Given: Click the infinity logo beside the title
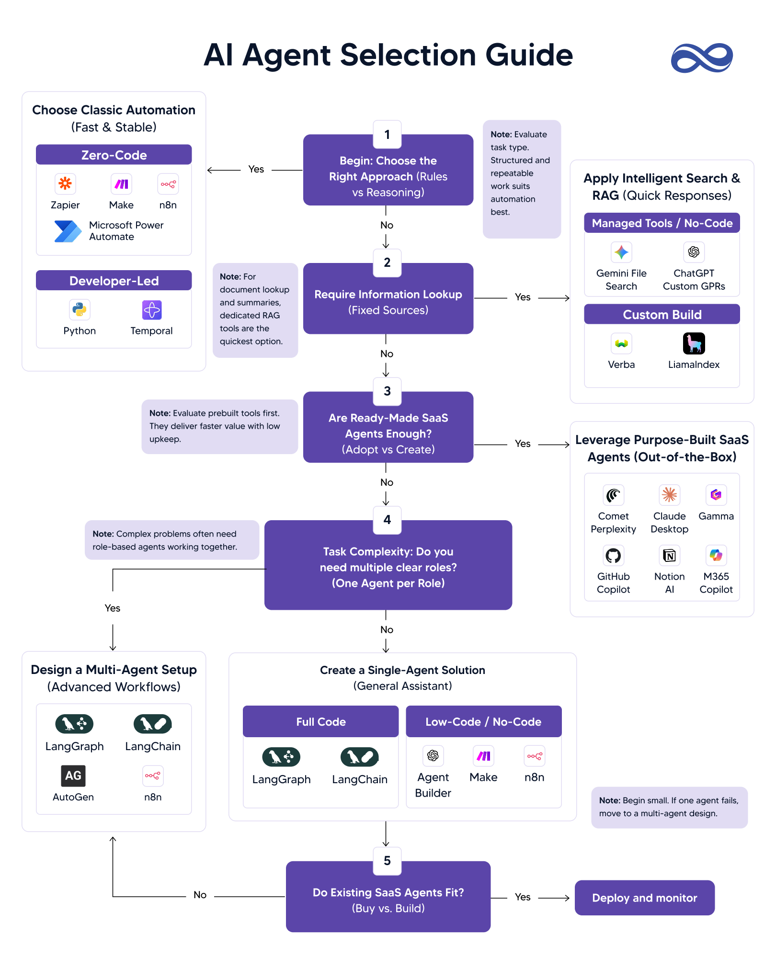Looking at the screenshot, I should point(702,58).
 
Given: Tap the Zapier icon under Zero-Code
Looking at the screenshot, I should point(65,183).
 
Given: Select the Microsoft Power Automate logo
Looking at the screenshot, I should point(68,231).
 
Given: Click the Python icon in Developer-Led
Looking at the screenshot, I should point(80,310).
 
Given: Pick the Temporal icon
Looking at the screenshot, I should point(152,310).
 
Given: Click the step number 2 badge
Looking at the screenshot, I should point(387,262).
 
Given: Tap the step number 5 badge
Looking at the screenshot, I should point(387,861).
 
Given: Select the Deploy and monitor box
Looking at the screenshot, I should point(644,898).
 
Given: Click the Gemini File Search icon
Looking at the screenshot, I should point(621,252).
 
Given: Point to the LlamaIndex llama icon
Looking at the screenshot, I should point(694,343).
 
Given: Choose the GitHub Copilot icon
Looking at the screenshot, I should point(613,556).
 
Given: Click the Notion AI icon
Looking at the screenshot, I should point(669,556).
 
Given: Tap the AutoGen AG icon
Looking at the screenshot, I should point(73,776).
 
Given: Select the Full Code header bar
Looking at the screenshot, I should point(320,721).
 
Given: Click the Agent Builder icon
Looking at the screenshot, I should point(433,755).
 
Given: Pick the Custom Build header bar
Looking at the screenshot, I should point(662,314).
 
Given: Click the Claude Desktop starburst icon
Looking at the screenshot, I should point(669,495).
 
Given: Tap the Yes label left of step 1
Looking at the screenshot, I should point(256,169).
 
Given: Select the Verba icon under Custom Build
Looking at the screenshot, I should point(621,343).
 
